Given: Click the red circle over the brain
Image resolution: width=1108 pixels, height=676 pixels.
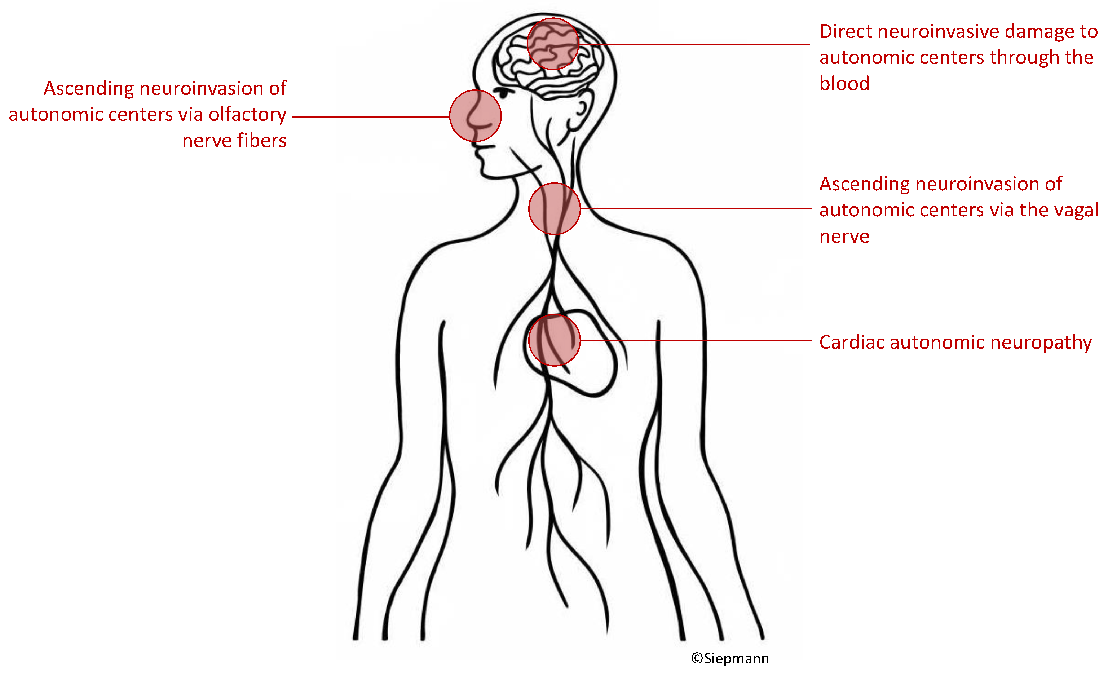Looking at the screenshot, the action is pos(553,44).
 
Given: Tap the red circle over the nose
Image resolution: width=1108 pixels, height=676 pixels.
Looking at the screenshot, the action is pos(475,116).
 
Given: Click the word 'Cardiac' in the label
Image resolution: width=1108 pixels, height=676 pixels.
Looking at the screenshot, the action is pos(851,342).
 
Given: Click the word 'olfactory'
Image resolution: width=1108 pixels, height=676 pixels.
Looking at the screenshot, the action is pos(247,115).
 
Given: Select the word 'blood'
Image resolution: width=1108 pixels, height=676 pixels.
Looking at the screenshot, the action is pos(844,84).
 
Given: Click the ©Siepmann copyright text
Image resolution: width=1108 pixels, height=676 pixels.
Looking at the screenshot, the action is pos(730,658).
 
